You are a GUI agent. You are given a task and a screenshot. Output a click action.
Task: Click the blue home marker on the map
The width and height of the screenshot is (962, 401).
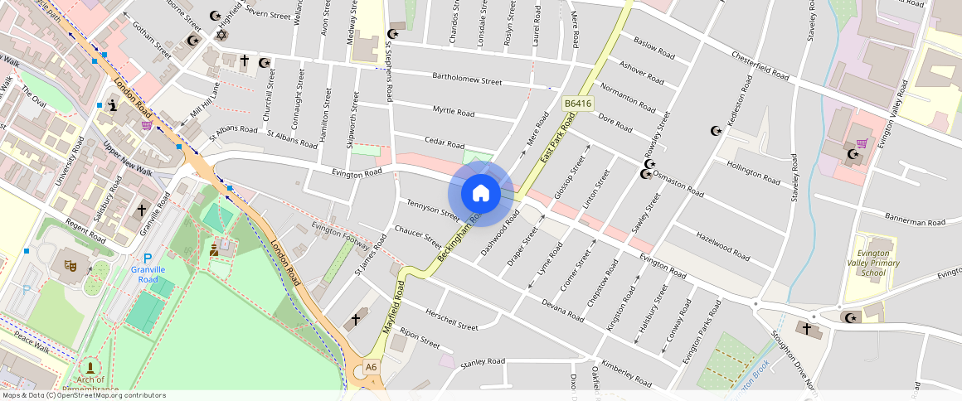click(x=480, y=194)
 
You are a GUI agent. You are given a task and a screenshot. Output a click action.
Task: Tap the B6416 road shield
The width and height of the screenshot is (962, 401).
click(x=577, y=104)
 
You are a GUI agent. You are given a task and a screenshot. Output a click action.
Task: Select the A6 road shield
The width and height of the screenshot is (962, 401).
click(x=371, y=367)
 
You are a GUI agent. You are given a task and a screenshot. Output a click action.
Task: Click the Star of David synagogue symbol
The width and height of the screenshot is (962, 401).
click(x=221, y=35)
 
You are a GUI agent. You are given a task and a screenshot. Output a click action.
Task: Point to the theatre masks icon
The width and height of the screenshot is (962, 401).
click(x=70, y=264)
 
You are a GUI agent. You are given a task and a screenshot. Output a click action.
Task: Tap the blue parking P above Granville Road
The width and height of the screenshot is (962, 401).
click(x=148, y=258)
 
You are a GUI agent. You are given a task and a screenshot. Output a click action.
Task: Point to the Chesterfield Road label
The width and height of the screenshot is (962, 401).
click(x=760, y=64)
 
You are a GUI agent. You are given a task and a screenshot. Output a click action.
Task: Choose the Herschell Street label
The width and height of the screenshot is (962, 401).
click(x=451, y=320)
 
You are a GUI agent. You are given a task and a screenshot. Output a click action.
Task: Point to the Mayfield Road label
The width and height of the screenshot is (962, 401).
click(x=393, y=307)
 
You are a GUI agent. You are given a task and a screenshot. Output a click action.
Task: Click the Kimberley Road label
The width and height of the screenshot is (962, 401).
click(x=627, y=373)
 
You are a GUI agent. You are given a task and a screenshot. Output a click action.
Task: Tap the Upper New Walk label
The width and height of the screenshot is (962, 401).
click(x=127, y=159)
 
